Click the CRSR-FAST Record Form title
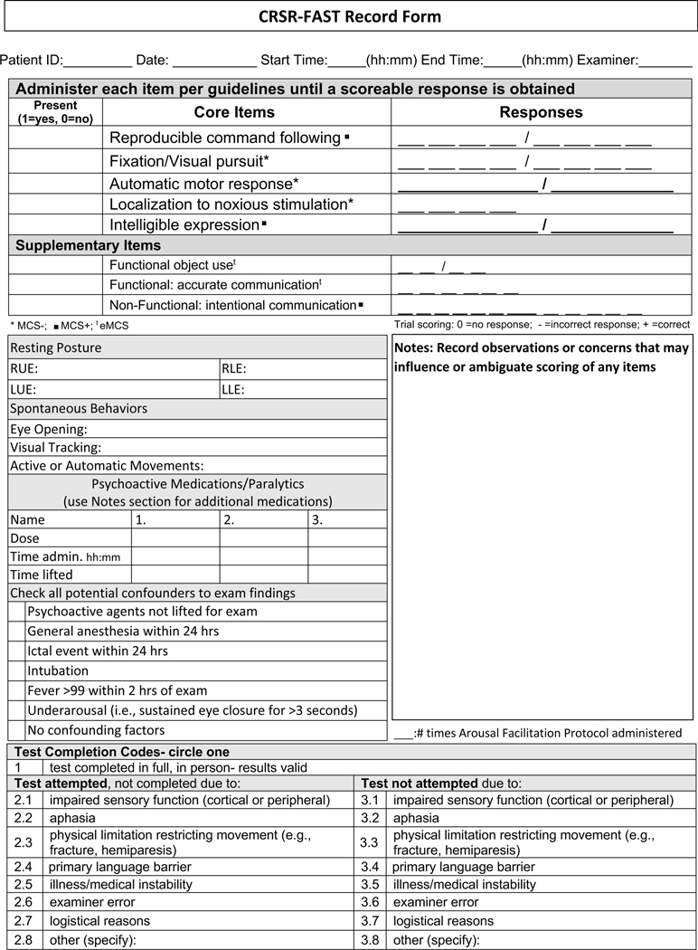349,17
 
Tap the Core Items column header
234,112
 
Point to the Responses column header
541,112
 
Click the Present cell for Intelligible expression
55,225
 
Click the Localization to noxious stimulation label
231,204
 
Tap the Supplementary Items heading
89,245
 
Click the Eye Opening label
49,429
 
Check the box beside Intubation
17,670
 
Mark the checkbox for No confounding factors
17,730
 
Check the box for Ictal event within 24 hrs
17,651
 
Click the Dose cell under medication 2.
263,538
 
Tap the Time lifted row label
42,575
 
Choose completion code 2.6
24,902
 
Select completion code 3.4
370,866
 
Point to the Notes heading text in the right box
542,356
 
